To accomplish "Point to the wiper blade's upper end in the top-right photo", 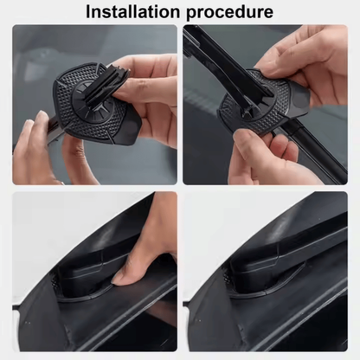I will (197, 39).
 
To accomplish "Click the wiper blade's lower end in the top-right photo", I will (329, 169).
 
